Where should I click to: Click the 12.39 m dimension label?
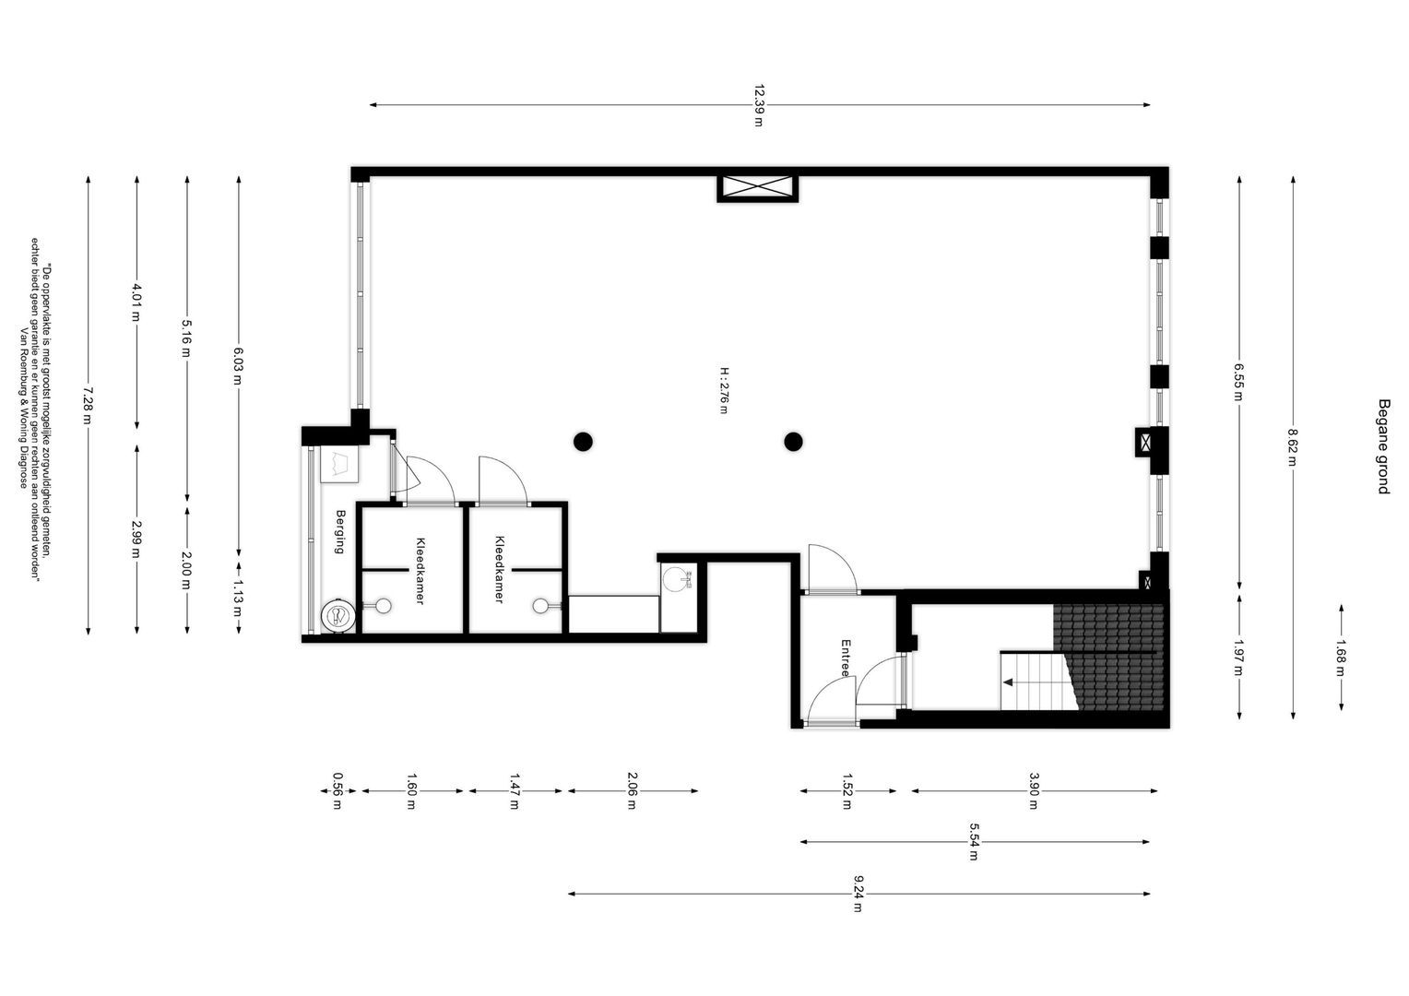759,105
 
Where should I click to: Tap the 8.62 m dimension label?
1293,447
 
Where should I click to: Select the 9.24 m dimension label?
858,894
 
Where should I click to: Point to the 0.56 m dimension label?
337,791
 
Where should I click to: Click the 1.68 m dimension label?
1341,658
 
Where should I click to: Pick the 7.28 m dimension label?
88,405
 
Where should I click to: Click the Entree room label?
846,658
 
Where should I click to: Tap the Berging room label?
340,532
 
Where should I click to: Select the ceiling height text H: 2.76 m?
724,391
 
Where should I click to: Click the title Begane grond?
1384,446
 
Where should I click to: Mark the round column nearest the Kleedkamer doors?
583,442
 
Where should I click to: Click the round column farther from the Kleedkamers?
793,442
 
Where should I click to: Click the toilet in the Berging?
338,615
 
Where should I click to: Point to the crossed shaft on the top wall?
757,187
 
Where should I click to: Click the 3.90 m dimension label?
1034,791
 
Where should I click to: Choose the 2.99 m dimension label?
136,539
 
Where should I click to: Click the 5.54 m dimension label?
974,842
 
